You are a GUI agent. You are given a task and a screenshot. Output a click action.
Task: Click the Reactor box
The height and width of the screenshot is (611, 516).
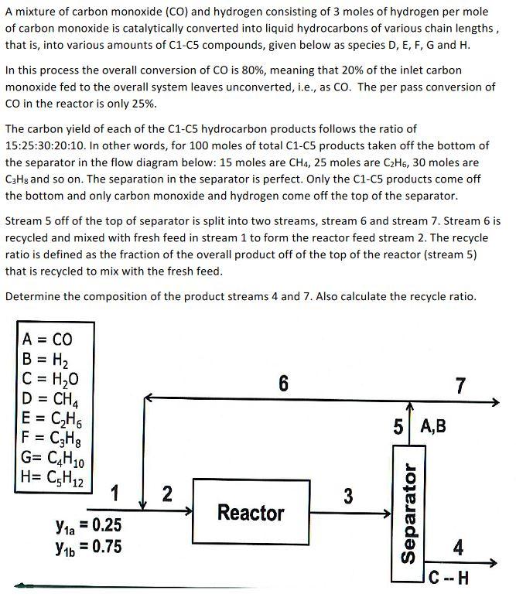click(251, 512)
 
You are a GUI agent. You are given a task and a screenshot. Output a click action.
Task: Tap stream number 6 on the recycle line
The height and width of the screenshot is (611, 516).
click(283, 384)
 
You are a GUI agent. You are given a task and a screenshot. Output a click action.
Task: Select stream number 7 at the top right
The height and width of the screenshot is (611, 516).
click(461, 385)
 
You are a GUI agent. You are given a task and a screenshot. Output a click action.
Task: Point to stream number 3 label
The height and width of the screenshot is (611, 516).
click(348, 497)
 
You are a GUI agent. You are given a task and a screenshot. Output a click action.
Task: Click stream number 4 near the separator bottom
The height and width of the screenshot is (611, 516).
click(459, 548)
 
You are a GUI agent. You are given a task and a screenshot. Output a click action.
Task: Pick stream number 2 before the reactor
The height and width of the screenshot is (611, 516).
click(166, 493)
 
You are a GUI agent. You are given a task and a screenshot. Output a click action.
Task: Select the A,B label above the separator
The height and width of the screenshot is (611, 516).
click(432, 427)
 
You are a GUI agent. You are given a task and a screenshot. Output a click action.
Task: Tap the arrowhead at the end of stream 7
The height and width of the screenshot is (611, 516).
click(497, 401)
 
